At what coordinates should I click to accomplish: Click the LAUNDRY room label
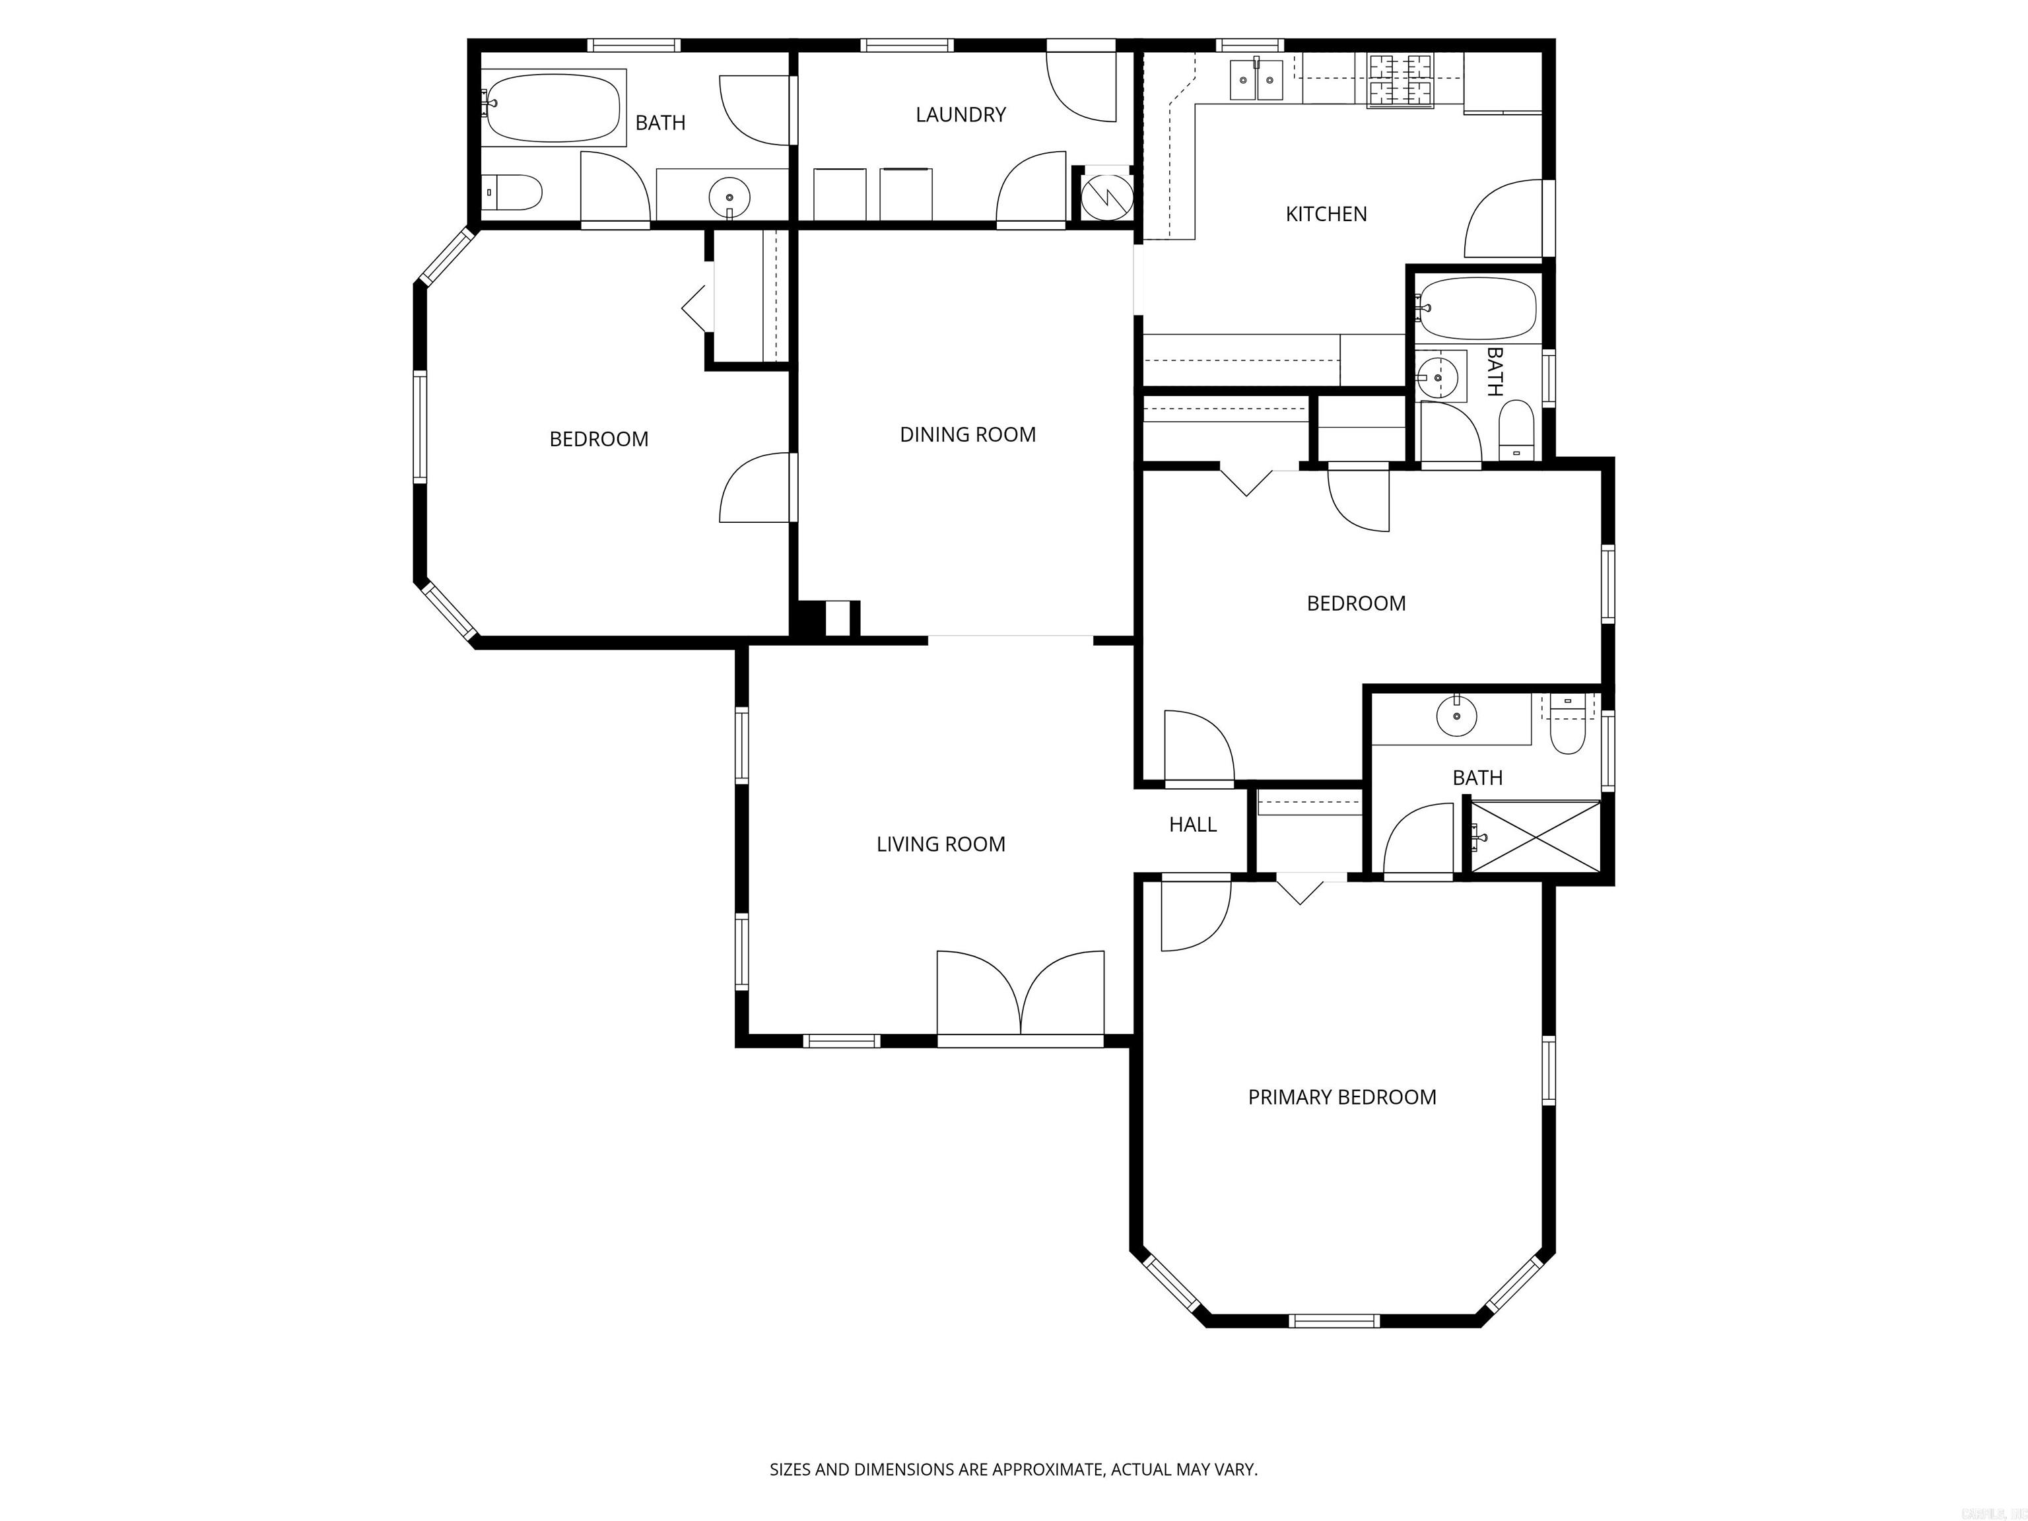tap(960, 115)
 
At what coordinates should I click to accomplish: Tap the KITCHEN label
tap(1326, 215)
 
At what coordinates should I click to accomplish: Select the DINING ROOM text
tap(967, 434)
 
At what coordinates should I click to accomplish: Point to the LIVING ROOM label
tap(940, 844)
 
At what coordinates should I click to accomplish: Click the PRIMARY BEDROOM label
tap(1341, 1097)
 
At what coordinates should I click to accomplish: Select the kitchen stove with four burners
tap(1400, 80)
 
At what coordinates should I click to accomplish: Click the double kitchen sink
tap(1256, 81)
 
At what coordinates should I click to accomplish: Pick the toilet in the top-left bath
tap(515, 193)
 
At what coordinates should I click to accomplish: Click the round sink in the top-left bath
tap(729, 196)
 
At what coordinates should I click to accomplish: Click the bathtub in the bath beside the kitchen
tap(1476, 308)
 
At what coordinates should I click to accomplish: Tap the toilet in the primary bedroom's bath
tap(1567, 733)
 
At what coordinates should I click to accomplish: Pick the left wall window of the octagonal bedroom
tap(420, 427)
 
